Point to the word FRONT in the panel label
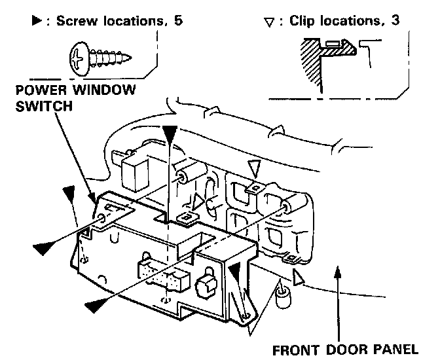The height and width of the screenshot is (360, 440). point(291,348)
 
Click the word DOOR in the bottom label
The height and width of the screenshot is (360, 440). point(343,348)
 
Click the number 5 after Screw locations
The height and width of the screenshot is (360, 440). point(178,20)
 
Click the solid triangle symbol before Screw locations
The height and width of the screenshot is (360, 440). point(37,20)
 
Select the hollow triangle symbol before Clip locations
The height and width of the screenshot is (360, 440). point(266,22)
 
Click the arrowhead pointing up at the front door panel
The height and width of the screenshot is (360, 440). point(337,274)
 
